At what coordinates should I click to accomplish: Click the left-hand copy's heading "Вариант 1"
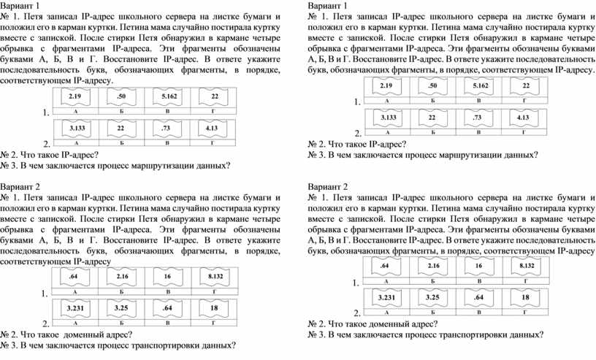[x=20, y=6]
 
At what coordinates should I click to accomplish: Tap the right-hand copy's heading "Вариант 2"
[x=328, y=187]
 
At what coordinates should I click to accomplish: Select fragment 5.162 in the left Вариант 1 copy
[x=169, y=96]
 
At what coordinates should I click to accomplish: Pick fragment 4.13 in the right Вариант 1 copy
[x=523, y=118]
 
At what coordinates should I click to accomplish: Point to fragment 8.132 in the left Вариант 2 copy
[x=215, y=276]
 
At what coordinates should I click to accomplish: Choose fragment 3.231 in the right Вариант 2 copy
[x=386, y=298]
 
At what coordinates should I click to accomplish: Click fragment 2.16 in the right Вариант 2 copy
[x=433, y=266]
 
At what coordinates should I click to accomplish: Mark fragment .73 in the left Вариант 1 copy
[x=166, y=129]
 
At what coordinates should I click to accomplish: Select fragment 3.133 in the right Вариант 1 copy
[x=389, y=118]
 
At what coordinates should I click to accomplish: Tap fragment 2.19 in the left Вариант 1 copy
[x=75, y=96]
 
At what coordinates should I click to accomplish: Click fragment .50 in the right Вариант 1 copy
[x=432, y=86]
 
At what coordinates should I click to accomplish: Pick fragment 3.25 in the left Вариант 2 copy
[x=121, y=308]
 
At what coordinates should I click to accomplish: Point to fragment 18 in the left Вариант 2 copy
[x=214, y=308]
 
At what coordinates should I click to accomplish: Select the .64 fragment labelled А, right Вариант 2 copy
[x=385, y=266]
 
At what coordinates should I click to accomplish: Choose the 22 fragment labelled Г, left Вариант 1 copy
[x=215, y=96]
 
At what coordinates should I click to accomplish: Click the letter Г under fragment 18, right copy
[x=524, y=312]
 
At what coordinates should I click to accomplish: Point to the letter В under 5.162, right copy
[x=479, y=101]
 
